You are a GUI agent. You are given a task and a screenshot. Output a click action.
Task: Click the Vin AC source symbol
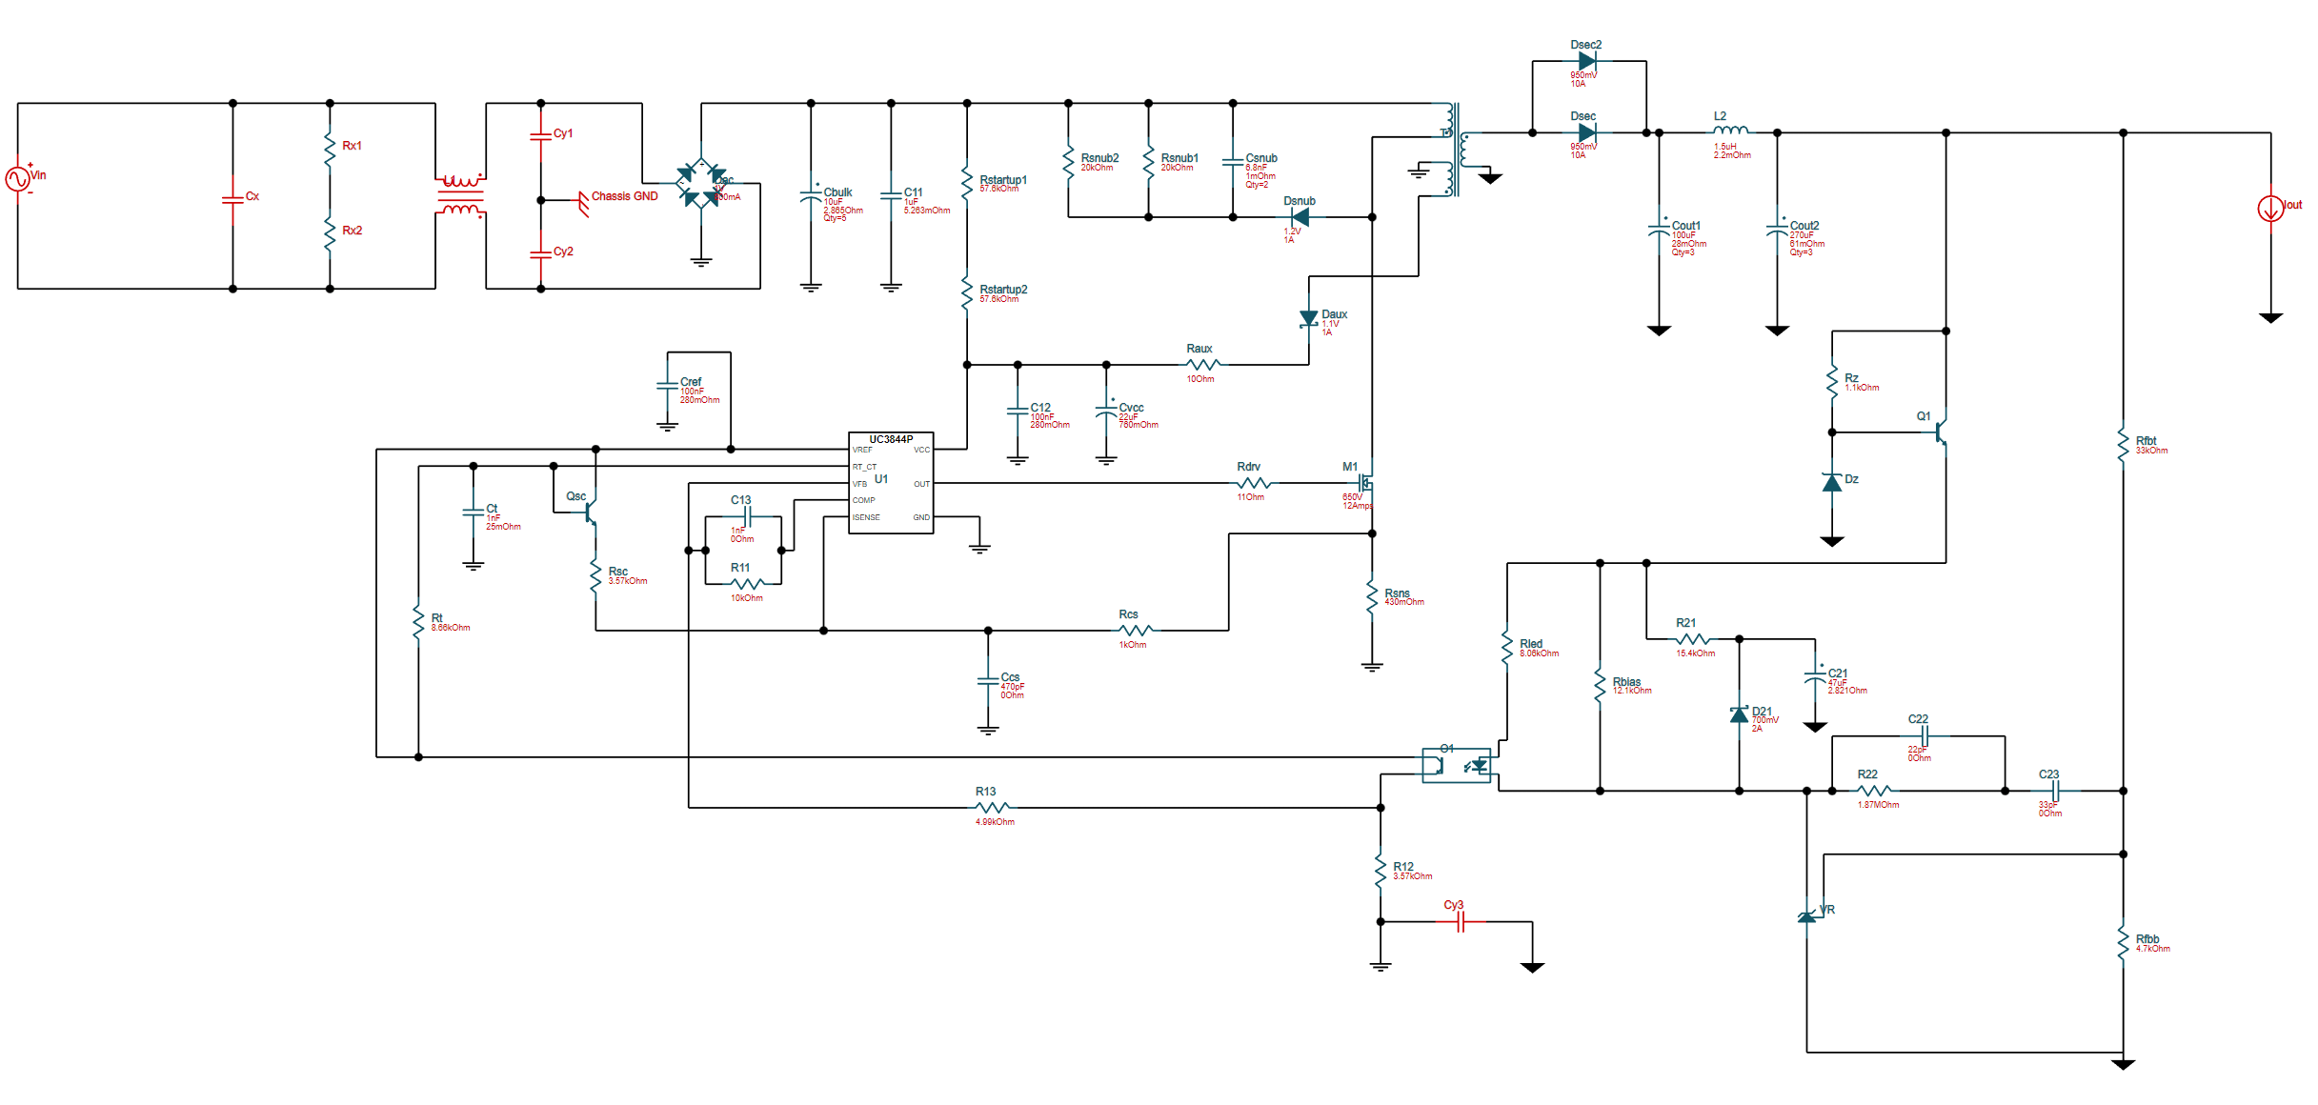tap(17, 179)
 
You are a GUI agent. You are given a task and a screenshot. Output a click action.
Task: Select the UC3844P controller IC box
tap(891, 484)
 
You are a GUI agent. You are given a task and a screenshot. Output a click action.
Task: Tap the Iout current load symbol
tap(2270, 208)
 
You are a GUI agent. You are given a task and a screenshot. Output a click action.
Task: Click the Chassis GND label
tap(624, 196)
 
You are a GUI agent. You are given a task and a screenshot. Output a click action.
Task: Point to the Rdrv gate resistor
tap(1253, 484)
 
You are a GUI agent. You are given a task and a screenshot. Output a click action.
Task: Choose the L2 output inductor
tap(1730, 131)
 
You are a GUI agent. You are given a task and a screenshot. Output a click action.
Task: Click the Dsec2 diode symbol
tap(1587, 61)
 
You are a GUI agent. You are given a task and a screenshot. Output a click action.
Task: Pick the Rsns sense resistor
tap(1372, 596)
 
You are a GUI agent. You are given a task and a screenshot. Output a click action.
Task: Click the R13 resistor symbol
tap(992, 807)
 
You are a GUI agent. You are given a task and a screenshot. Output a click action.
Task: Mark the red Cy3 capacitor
tap(1460, 921)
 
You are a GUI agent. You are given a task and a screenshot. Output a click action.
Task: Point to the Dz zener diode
tap(1831, 483)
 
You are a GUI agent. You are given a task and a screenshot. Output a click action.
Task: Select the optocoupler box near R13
tap(1456, 765)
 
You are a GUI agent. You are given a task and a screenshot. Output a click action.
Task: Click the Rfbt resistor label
tap(2146, 441)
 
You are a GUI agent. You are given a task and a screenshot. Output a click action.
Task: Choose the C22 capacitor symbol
tap(1925, 736)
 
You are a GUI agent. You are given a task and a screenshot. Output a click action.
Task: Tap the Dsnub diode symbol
tap(1300, 217)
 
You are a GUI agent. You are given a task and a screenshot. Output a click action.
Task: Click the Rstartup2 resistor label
tap(1003, 290)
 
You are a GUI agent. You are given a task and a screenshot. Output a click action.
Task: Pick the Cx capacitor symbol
tap(232, 199)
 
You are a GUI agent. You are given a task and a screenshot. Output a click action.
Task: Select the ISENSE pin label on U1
tap(866, 517)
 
